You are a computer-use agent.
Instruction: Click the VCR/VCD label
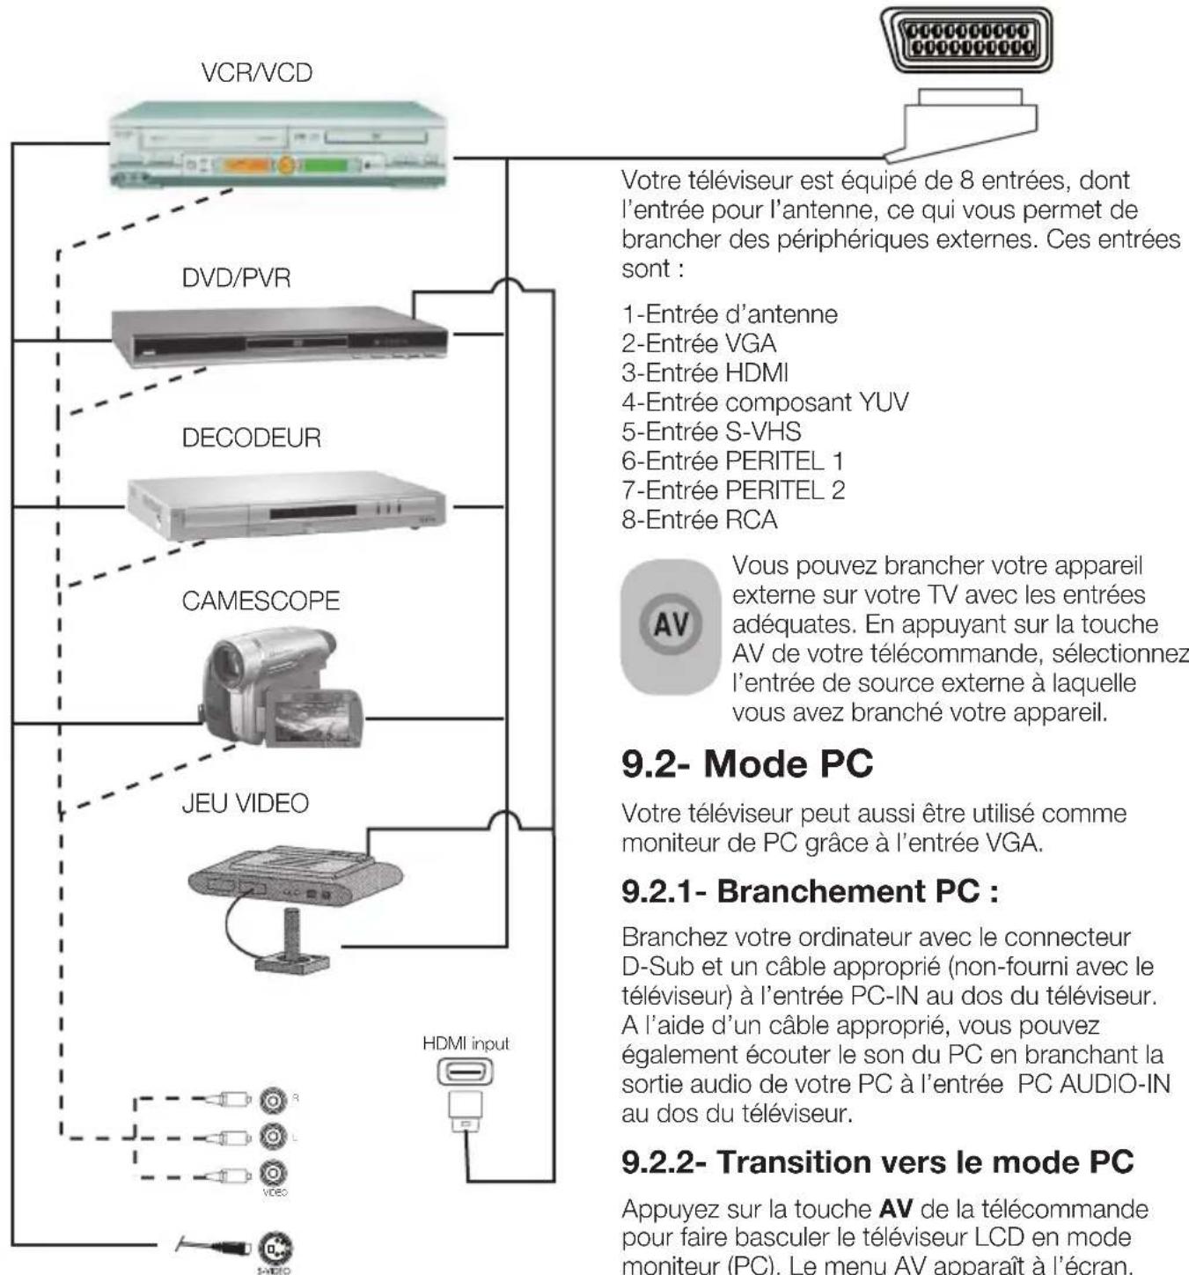[x=256, y=72]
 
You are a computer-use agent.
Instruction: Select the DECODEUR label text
[x=251, y=438]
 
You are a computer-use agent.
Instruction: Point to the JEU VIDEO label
[x=245, y=803]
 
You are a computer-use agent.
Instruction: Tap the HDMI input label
[x=466, y=1043]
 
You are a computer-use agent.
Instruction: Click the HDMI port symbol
[x=466, y=1072]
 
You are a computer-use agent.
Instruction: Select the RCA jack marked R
[x=273, y=1099]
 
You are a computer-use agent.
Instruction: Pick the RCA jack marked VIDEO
[x=273, y=1173]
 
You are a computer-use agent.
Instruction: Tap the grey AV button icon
[x=671, y=625]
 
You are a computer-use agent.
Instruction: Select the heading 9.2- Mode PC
[x=747, y=763]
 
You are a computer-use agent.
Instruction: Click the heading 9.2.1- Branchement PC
[x=810, y=891]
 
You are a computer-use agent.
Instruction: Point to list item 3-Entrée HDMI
[x=705, y=372]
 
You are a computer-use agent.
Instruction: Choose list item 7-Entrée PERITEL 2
[x=733, y=490]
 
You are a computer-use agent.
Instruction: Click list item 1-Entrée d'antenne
[x=730, y=314]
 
